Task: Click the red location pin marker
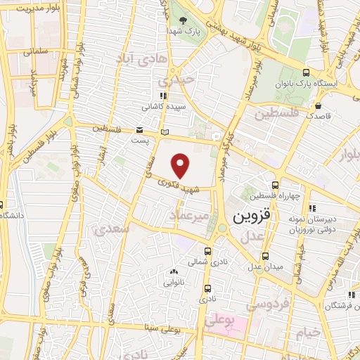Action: [181, 165]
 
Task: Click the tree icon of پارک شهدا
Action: [184, 20]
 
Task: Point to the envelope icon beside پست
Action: [140, 130]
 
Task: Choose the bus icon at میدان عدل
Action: [266, 256]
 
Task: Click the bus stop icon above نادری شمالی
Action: [207, 250]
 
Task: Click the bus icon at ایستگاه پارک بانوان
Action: [305, 72]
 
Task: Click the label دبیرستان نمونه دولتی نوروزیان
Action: [334, 223]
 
